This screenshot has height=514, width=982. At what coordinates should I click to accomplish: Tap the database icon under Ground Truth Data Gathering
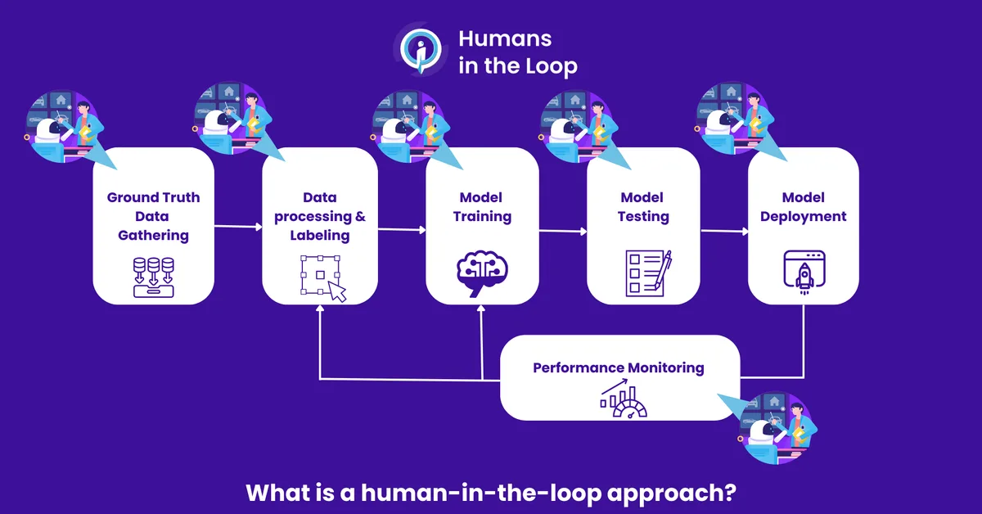pos(153,275)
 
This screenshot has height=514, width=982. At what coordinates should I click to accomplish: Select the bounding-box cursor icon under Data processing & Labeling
pos(323,277)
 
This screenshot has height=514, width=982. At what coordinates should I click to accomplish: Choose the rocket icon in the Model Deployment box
pos(804,271)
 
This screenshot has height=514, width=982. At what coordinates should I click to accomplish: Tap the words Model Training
pos(482,207)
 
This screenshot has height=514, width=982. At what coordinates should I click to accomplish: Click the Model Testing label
pos(644,207)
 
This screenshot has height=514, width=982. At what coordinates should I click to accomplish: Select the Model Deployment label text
pos(803,207)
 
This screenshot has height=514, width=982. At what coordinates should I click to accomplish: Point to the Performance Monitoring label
pos(618,367)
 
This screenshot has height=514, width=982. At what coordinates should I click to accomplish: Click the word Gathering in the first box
pos(153,236)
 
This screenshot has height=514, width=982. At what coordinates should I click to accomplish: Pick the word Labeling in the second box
pos(319,236)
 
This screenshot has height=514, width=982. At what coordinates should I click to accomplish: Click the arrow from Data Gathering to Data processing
pos(237,226)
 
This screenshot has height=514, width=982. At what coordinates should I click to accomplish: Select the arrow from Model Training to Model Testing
pos(562,232)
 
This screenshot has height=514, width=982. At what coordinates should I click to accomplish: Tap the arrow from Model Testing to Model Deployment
pos(723,232)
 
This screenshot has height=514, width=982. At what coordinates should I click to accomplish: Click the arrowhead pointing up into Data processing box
pos(319,310)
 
